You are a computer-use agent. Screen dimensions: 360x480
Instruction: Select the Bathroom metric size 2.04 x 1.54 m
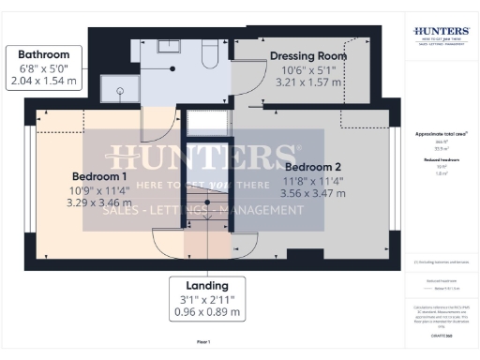pos(43,82)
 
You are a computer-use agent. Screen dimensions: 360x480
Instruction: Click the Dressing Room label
pos(308,56)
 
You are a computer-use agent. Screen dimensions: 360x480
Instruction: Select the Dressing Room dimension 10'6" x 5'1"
pos(308,69)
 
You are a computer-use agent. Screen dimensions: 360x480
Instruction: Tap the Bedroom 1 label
pos(99,176)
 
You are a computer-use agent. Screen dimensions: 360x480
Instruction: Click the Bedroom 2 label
pos(313,167)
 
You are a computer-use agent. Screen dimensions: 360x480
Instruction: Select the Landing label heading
pos(207,286)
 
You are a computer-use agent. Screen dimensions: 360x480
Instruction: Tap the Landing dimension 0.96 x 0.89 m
pos(207,311)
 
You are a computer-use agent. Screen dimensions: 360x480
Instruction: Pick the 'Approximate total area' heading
pos(442,134)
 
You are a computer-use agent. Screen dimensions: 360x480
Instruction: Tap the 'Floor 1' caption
pos(203,342)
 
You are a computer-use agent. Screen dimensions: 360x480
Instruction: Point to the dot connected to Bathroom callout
pos(172,67)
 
